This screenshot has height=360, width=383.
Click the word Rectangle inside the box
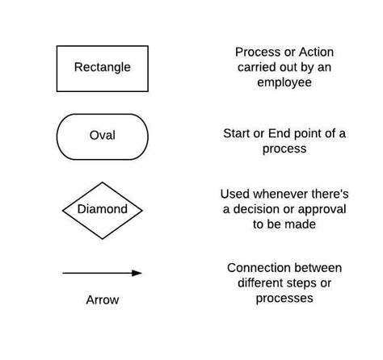tap(102, 67)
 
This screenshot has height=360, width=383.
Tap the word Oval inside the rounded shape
tap(102, 135)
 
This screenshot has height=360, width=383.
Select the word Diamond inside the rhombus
tap(102, 209)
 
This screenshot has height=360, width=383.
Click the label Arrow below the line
tap(102, 299)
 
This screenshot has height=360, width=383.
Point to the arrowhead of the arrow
tap(137, 273)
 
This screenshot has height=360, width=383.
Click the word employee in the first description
tap(284, 82)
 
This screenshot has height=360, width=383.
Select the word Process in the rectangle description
tap(253, 52)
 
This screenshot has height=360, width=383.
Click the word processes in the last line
tap(284, 298)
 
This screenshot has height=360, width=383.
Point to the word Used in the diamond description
tap(235, 194)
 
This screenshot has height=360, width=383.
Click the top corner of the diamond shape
tap(102, 180)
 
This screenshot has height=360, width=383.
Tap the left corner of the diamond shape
tap(63, 210)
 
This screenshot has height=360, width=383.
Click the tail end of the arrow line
tap(64, 273)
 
